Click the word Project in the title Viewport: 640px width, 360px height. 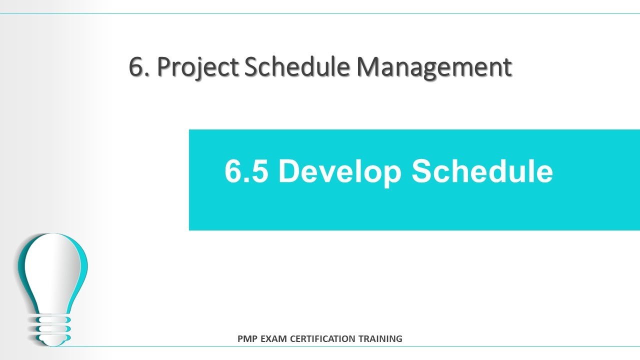(x=198, y=67)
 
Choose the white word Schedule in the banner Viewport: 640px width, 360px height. (x=482, y=171)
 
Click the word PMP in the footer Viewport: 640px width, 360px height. (x=247, y=339)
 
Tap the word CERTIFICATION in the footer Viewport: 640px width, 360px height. (x=324, y=339)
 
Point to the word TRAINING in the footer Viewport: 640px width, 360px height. (x=380, y=339)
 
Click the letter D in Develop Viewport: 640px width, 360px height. (x=288, y=171)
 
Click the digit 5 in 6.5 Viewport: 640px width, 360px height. (x=259, y=171)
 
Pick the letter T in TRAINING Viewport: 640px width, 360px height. (x=361, y=339)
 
